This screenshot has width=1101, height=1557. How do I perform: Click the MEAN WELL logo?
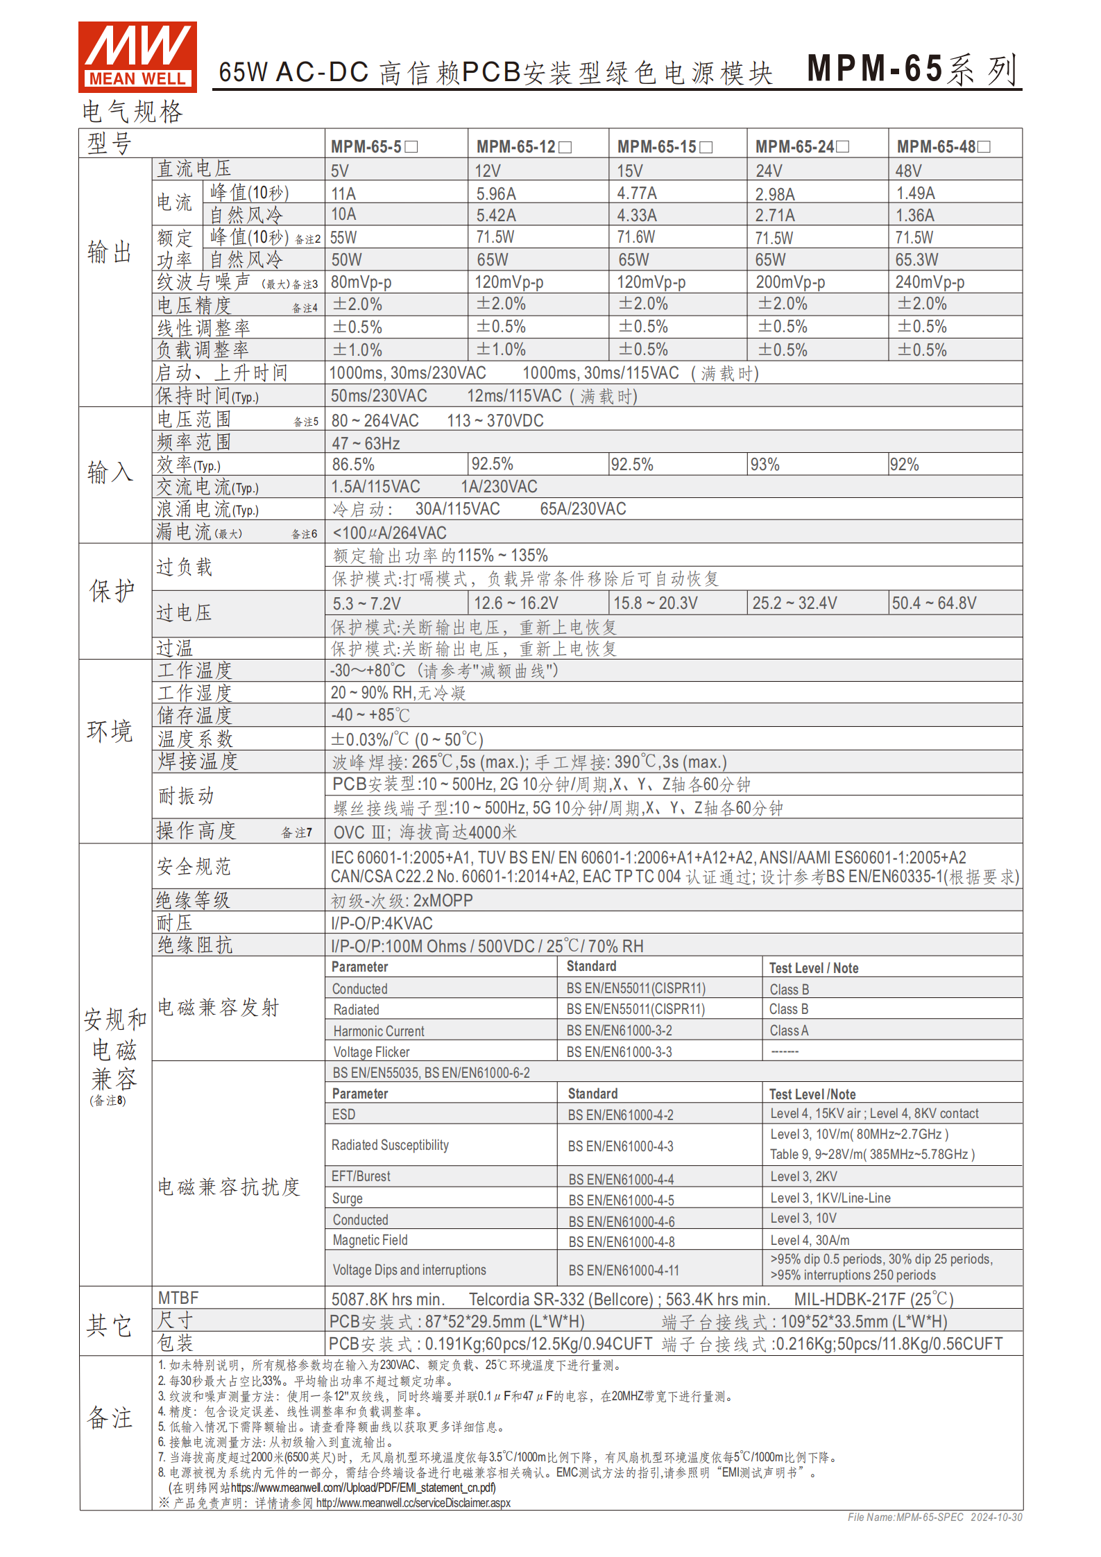pos(137,57)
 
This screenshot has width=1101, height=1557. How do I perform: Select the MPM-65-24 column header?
pos(801,147)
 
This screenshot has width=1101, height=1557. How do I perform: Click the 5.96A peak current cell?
pos(496,193)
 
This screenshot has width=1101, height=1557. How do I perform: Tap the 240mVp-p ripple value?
pos(930,282)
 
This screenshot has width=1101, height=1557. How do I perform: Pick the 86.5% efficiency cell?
pos(353,465)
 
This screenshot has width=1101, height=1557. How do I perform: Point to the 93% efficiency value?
pos(765,465)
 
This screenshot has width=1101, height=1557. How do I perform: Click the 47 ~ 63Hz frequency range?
pos(366,443)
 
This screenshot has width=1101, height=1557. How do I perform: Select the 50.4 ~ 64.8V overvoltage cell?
pos(934,603)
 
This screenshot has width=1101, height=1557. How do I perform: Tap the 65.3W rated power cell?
pos(916,260)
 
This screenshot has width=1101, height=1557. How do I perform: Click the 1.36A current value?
pos(915,216)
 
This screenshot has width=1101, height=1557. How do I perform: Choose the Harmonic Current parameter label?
pos(379,1031)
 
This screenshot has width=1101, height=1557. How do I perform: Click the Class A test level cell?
pos(789,1031)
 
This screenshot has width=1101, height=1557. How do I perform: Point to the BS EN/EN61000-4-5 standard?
pos(621,1200)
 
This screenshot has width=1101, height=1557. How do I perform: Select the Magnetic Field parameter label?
pos(370,1240)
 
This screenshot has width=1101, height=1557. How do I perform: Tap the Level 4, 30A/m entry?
pos(810,1240)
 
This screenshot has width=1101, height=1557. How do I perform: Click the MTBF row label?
pos(178,1298)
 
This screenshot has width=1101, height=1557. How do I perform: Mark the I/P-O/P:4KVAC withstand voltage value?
pos(382,924)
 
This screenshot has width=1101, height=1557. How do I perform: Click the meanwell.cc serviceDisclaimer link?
pos(413,1503)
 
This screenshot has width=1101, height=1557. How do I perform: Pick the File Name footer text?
pos(934,1517)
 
